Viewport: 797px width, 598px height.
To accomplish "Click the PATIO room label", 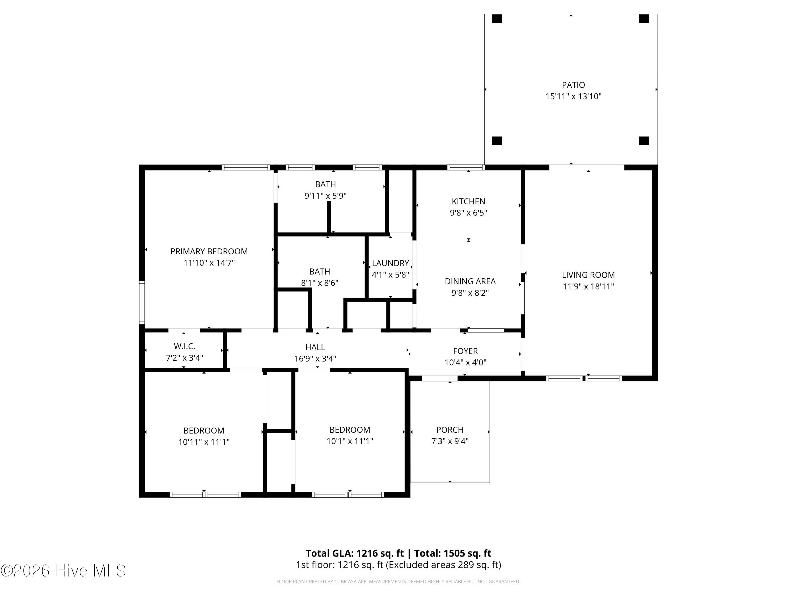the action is (x=573, y=85).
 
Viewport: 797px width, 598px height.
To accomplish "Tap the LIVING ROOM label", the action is (x=588, y=275).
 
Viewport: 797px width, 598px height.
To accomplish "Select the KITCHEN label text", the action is (x=468, y=201).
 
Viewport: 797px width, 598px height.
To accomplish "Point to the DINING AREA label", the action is (x=470, y=281).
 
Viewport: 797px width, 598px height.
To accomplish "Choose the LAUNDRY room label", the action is (x=390, y=263).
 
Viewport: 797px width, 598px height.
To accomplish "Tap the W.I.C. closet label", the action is (x=184, y=346).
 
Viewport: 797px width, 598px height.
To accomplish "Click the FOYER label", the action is (x=465, y=351).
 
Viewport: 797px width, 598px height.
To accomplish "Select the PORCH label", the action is (x=450, y=430).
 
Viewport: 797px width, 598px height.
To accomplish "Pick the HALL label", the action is (x=315, y=347).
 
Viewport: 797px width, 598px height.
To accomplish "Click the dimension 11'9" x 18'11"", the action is (x=588, y=287).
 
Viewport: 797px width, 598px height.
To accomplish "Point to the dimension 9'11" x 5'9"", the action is (x=325, y=196).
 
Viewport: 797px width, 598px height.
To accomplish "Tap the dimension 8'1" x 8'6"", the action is (x=320, y=283).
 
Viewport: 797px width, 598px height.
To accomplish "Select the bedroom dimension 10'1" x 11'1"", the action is (x=350, y=441).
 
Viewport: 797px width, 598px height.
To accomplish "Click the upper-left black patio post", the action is (x=497, y=19).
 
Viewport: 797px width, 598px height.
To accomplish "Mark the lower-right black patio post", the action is (x=644, y=141).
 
